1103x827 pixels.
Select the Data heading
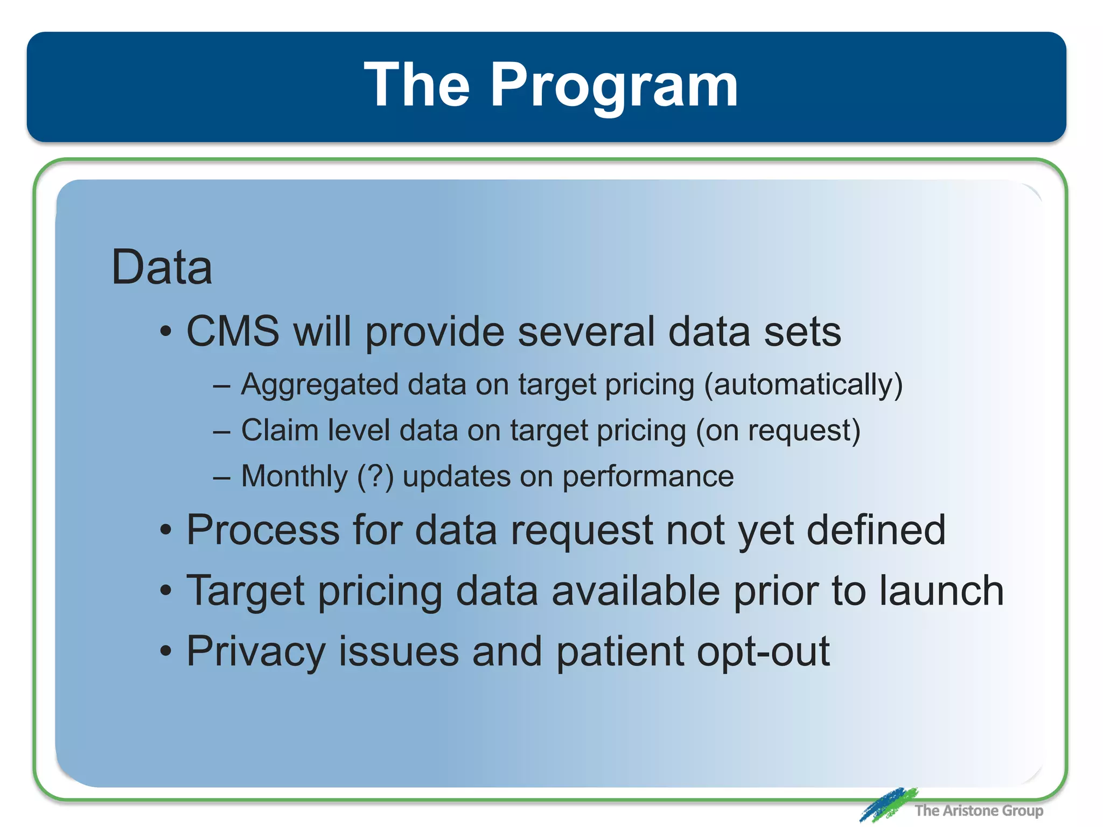[x=162, y=268]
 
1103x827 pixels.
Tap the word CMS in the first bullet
[x=233, y=331]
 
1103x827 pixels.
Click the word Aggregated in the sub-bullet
[x=320, y=386]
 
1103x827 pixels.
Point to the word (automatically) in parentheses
[x=803, y=386]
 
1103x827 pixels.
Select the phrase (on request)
[x=778, y=431]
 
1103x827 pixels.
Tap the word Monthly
[x=294, y=477]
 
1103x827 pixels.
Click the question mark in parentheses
[x=375, y=477]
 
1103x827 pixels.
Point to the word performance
[x=647, y=477]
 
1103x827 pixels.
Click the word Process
[x=263, y=530]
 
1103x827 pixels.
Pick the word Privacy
[x=255, y=652]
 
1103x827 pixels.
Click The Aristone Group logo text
[x=978, y=810]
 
